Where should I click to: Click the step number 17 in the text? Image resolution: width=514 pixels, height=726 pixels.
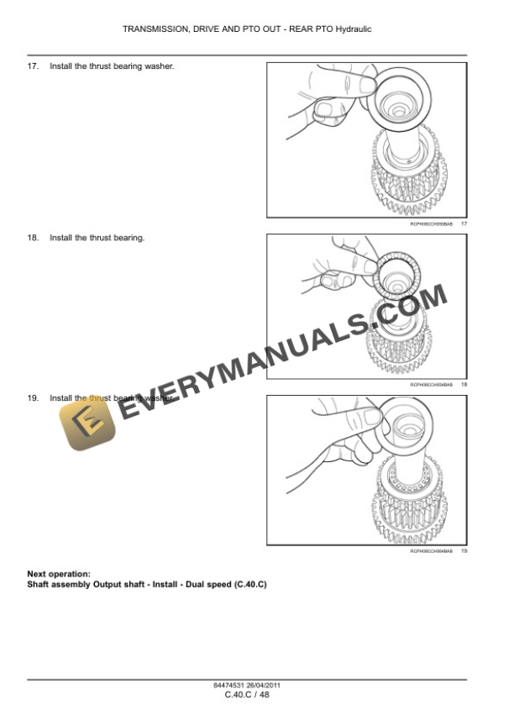pos(33,66)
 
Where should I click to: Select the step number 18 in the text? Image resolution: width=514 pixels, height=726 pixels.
pos(33,238)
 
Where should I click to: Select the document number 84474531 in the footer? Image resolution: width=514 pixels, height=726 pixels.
pos(228,685)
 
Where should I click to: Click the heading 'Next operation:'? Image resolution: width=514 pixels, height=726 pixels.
pos(59,574)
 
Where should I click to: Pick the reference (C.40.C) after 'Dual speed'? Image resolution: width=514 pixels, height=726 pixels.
pos(250,583)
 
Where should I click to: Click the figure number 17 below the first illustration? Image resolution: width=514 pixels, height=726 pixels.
pos(464,224)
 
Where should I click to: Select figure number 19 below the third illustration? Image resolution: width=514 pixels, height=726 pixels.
pos(464,551)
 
